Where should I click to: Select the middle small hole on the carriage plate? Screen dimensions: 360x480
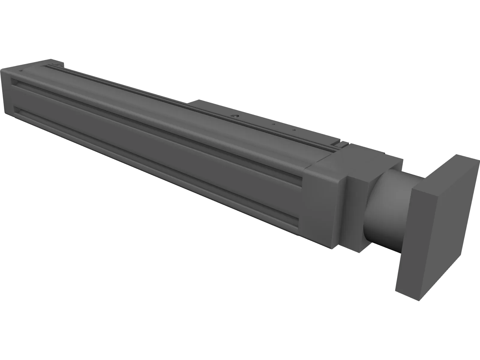273,124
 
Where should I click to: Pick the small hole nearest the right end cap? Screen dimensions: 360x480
294,130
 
